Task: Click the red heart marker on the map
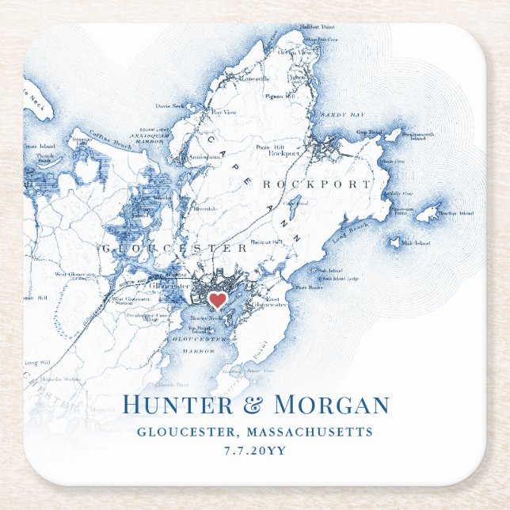pyautogui.click(x=217, y=301)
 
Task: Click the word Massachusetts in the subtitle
pyautogui.click(x=310, y=432)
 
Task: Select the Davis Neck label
pyautogui.click(x=170, y=105)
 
